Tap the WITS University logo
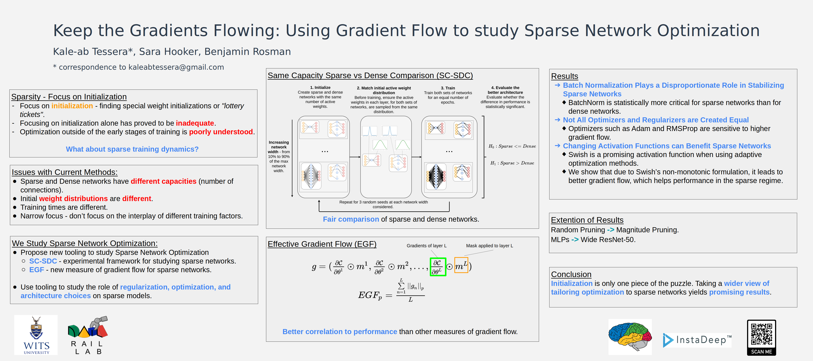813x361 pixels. [36, 335]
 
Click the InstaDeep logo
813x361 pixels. [697, 340]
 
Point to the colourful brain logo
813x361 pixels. [630, 336]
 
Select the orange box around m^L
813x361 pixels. [461, 265]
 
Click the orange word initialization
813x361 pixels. [72, 106]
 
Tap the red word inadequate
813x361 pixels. [195, 123]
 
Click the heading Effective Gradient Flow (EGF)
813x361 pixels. [322, 244]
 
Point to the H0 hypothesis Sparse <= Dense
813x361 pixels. [512, 146]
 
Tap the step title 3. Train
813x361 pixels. [448, 88]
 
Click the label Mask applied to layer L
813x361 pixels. [489, 246]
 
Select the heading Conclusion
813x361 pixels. [571, 274]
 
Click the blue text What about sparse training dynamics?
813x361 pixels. [132, 149]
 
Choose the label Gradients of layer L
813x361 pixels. [426, 246]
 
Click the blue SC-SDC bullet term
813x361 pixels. [43, 261]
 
